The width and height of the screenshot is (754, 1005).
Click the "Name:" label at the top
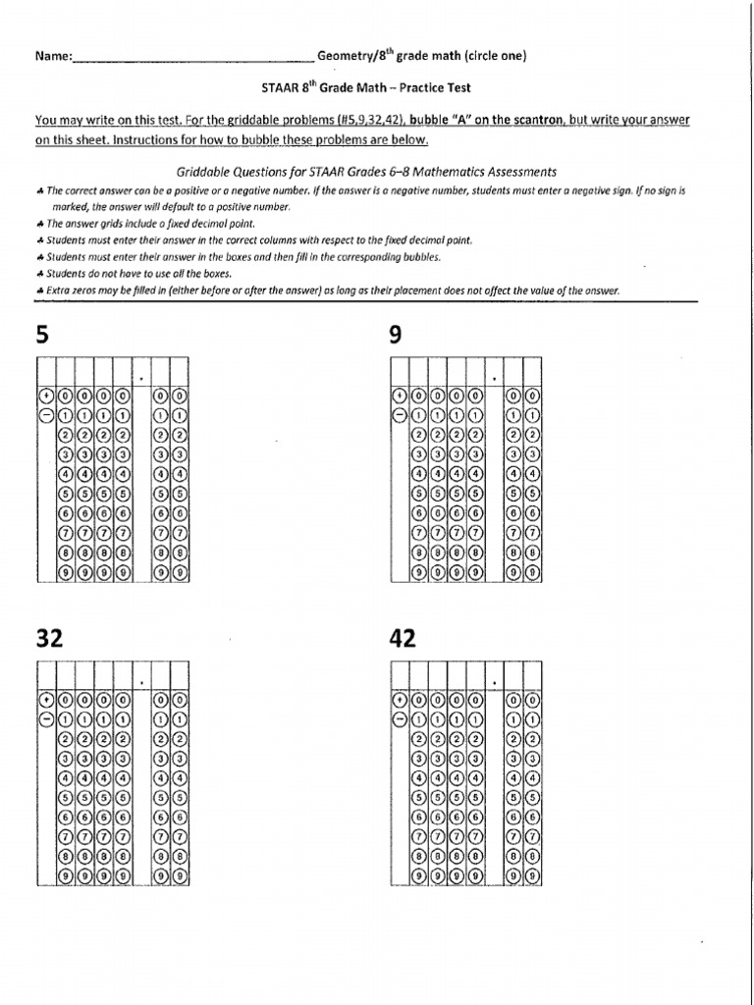53,56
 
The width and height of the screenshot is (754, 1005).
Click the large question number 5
41,336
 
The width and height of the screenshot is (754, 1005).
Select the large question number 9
396,336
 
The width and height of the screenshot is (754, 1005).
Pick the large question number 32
49,639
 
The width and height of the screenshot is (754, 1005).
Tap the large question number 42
403,639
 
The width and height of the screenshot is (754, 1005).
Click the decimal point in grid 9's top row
493,378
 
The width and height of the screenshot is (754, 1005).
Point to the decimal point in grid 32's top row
141,681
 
